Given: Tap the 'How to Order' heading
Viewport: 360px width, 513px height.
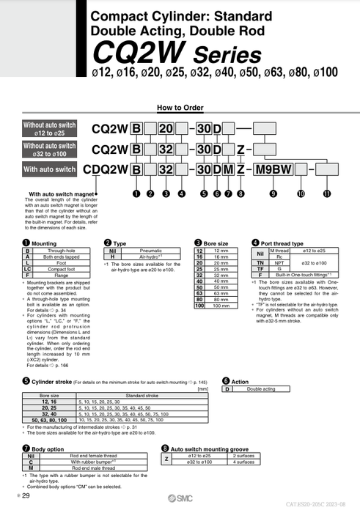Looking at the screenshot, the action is click(180, 107).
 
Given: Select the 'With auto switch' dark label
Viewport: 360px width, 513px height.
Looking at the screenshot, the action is click(50, 170).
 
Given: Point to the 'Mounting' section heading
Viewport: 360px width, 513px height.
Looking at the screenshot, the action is click(45, 243).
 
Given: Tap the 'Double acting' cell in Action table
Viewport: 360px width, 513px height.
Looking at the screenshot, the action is click(261, 389).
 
